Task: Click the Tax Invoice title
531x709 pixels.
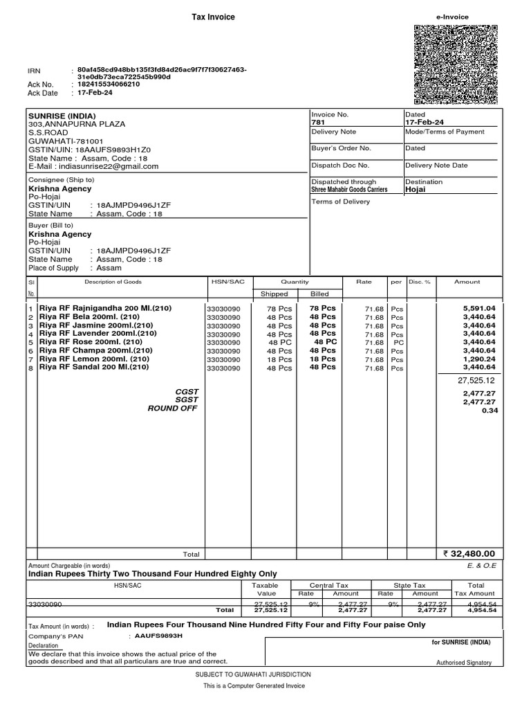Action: pos(213,17)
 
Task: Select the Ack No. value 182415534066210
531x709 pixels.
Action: pos(109,84)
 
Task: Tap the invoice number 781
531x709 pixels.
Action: pos(318,123)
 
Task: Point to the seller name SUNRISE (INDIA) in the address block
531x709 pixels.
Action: pos(62,116)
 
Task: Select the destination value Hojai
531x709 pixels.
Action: pos(416,189)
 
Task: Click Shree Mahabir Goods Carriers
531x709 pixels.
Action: pos(349,189)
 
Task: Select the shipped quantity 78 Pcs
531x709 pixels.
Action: pos(280,308)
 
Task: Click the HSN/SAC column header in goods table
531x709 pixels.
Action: pos(223,282)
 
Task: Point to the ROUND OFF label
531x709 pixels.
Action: pos(173,409)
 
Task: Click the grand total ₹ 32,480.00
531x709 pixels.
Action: pos(470,554)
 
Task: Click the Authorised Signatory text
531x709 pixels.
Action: pos(463,663)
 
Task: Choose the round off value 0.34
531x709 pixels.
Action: pos(489,411)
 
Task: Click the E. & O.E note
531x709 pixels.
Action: pos(482,566)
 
